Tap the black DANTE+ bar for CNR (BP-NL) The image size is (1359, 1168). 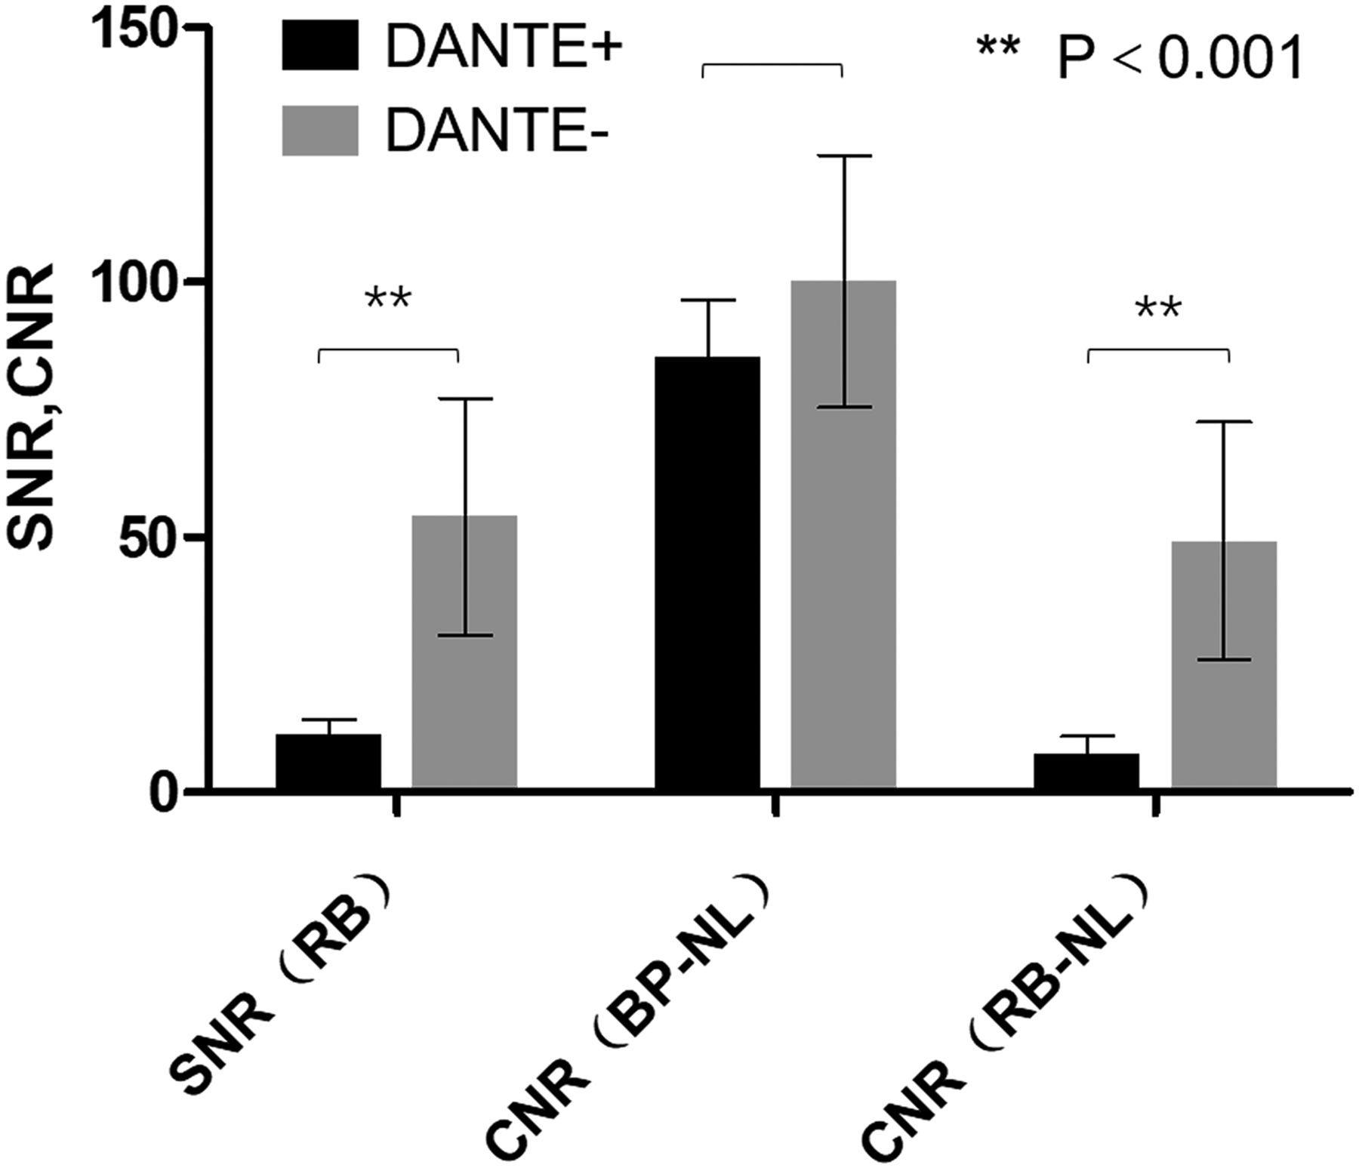coord(707,573)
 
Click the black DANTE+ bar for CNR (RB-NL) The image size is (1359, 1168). coord(1086,771)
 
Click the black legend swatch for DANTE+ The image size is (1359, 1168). coord(320,45)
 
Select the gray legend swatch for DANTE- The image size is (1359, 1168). coord(320,131)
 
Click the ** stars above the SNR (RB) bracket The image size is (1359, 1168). coord(388,299)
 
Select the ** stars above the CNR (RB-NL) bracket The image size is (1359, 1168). coord(1157,308)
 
